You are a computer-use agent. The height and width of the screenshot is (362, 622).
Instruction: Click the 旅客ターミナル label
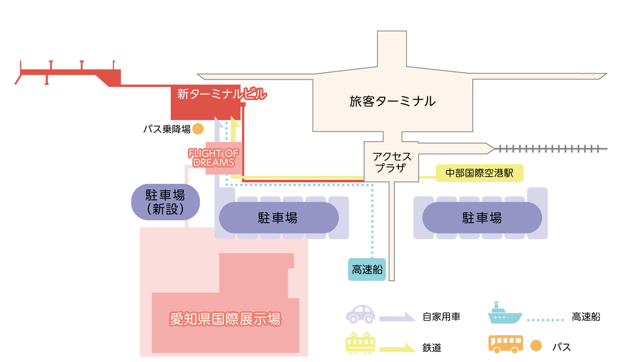click(392, 101)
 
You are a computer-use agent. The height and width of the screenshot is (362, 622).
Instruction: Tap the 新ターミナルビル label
click(221, 94)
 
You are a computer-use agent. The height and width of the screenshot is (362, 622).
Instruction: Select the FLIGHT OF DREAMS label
click(213, 158)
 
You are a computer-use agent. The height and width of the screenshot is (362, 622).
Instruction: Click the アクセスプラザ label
click(392, 162)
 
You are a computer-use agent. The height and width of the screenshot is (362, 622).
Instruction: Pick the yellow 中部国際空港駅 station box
click(479, 173)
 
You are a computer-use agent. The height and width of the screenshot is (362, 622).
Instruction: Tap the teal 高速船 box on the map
click(367, 270)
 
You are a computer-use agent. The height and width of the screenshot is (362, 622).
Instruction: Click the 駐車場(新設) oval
click(165, 202)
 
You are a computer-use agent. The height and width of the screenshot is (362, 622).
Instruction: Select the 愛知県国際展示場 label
click(225, 319)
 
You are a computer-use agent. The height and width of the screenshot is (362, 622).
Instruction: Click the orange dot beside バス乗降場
click(198, 129)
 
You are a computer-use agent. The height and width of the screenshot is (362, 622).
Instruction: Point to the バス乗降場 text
click(167, 129)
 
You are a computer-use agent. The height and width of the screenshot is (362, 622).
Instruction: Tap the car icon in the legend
click(360, 314)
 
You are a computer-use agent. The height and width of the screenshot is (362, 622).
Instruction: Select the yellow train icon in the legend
click(360, 343)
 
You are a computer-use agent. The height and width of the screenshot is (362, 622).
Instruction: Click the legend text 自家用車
click(441, 317)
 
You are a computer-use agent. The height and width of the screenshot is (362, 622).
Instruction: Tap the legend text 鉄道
click(432, 348)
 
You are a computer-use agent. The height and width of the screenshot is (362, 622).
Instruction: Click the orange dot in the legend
click(536, 346)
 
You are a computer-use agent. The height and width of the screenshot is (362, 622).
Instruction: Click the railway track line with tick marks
click(550, 149)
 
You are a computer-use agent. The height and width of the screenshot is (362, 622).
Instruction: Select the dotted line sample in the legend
click(545, 320)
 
